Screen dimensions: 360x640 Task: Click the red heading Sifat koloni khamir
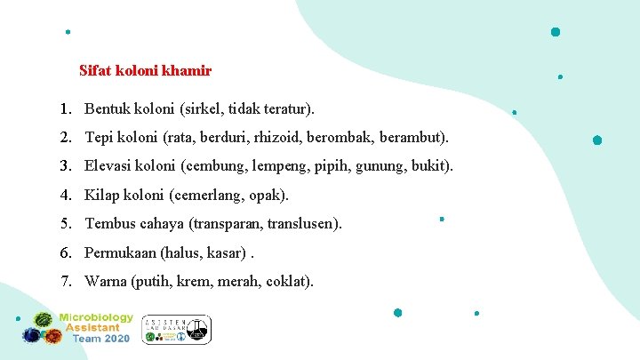pyautogui.click(x=145, y=69)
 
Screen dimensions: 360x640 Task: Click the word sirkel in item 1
pyautogui.click(x=202, y=109)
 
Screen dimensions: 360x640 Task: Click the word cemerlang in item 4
pyautogui.click(x=217, y=195)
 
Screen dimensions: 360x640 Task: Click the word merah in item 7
pyautogui.click(x=237, y=282)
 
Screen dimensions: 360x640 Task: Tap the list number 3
pyautogui.click(x=66, y=166)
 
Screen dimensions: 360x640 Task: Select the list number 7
pyautogui.click(x=66, y=282)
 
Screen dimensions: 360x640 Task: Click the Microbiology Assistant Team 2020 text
pyautogui.click(x=96, y=328)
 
